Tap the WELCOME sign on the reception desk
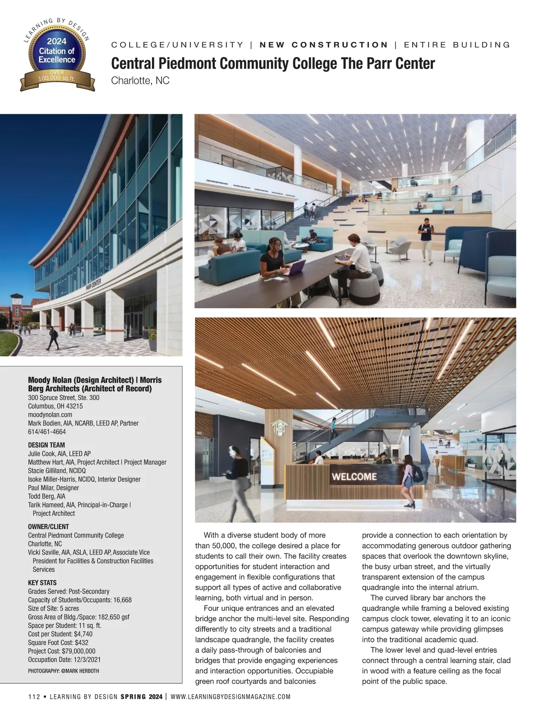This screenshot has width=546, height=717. (x=354, y=477)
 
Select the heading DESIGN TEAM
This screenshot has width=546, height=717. (x=46, y=445)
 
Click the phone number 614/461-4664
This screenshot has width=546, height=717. (x=47, y=432)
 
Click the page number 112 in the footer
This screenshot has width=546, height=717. (x=35, y=697)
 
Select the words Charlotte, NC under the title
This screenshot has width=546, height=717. (x=140, y=81)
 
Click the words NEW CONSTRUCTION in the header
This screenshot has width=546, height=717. (x=324, y=45)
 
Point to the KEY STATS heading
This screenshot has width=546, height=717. (x=42, y=583)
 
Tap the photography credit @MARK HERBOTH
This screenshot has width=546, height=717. (x=80, y=671)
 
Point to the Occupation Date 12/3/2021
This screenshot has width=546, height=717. (x=84, y=660)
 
